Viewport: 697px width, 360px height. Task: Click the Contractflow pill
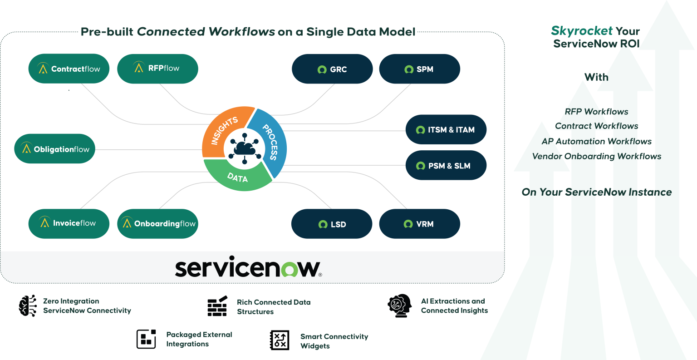pyautogui.click(x=69, y=69)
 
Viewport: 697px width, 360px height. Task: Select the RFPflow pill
pyautogui.click(x=157, y=69)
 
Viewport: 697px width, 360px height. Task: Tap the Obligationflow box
pyautogui.click(x=55, y=149)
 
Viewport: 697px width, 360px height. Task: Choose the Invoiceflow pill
pyautogui.click(x=69, y=223)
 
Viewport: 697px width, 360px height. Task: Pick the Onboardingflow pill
pyautogui.click(x=157, y=223)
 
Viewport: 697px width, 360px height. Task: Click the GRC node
pyautogui.click(x=332, y=69)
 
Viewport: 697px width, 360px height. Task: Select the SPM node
pyautogui.click(x=419, y=69)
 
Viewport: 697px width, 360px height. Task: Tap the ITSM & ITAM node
pyautogui.click(x=446, y=130)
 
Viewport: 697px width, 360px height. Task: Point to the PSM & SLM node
pyautogui.click(x=446, y=166)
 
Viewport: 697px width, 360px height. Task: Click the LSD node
pyautogui.click(x=331, y=224)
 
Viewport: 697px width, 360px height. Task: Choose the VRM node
pyautogui.click(x=419, y=224)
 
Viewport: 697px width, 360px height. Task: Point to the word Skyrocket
pyautogui.click(x=575, y=31)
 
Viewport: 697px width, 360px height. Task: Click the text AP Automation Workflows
pyautogui.click(x=596, y=142)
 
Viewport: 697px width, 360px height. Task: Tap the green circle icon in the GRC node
pyautogui.click(x=322, y=70)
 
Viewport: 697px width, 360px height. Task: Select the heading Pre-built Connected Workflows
pyautogui.click(x=248, y=32)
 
